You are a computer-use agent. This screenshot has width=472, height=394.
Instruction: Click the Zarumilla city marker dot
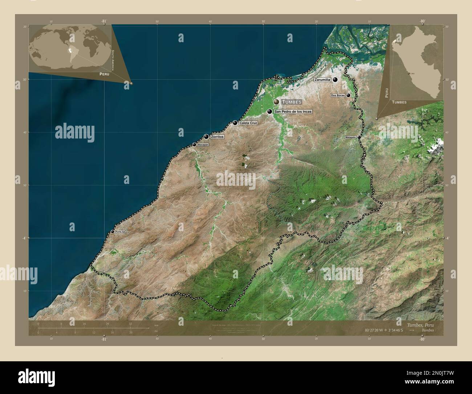click(x=335, y=80)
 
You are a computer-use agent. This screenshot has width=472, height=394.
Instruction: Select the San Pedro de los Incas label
click(x=293, y=112)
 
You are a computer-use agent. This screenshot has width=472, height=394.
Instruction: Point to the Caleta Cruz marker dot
click(x=235, y=123)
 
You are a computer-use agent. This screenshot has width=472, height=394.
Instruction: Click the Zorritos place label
click(x=217, y=137)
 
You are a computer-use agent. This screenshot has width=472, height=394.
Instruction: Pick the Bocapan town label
click(x=203, y=145)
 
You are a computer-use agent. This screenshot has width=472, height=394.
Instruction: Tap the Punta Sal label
click(x=120, y=232)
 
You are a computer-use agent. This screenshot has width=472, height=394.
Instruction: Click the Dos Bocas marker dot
click(x=348, y=95)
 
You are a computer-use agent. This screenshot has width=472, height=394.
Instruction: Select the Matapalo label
click(x=351, y=137)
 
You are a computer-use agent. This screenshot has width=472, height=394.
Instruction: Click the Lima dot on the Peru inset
click(x=409, y=73)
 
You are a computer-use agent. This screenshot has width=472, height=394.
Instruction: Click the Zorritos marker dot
click(x=206, y=137)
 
